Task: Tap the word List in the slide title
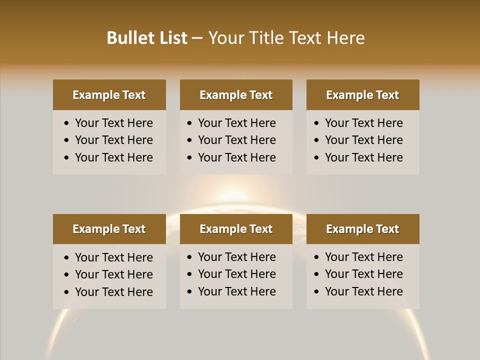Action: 172,38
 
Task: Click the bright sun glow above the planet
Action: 234,195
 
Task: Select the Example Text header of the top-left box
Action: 109,95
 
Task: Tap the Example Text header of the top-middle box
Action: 236,95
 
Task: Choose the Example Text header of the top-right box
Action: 362,95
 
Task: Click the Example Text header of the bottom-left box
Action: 109,229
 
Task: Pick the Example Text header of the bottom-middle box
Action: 236,229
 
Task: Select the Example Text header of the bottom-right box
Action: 362,229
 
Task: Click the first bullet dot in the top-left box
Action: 67,123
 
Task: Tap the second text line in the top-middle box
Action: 236,140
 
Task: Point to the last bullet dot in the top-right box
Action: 317,158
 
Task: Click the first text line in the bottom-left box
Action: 113,257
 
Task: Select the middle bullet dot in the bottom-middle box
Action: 190,274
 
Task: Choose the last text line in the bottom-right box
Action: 363,291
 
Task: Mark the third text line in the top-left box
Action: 113,157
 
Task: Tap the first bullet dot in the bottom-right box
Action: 317,257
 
